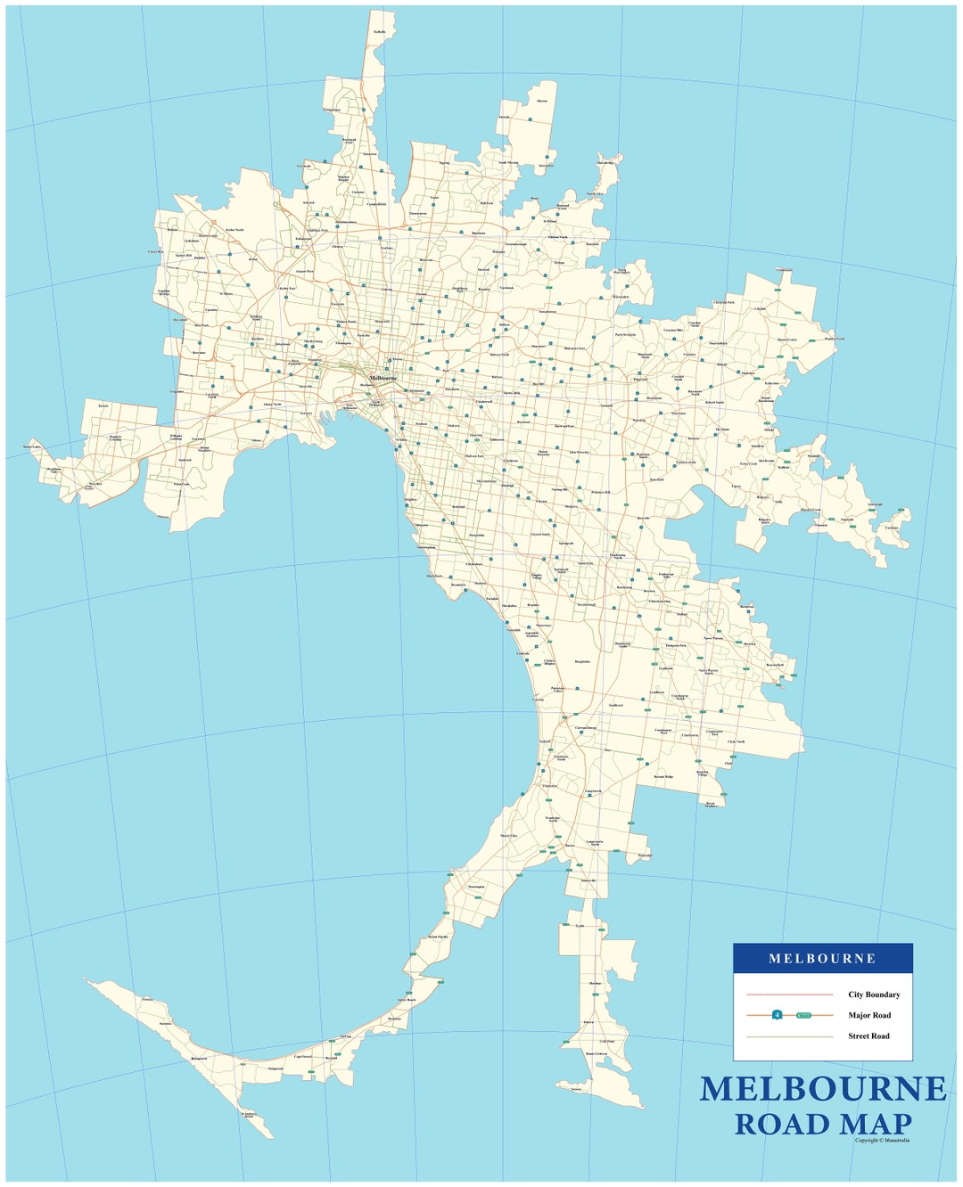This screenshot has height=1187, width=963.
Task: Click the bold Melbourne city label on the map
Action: [x=383, y=378]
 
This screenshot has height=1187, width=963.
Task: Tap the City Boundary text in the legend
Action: [x=874, y=995]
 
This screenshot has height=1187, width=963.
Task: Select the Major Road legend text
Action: [x=869, y=1015]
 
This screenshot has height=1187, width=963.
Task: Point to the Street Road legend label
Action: [x=868, y=1036]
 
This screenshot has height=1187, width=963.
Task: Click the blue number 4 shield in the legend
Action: [x=778, y=1015]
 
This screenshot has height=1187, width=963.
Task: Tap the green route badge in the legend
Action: [x=804, y=1015]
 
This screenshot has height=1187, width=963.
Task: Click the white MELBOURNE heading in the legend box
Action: [x=822, y=959]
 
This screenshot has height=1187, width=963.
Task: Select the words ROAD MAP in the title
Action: [x=822, y=1125]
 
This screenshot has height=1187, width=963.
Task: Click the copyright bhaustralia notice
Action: [x=882, y=1140]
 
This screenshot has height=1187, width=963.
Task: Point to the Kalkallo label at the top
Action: [x=380, y=31]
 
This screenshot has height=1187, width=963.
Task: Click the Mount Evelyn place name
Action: [x=786, y=340]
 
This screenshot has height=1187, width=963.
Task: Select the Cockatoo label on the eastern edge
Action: [x=892, y=528]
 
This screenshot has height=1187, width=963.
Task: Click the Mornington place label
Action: [x=476, y=887]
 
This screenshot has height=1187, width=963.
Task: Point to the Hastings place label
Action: [x=596, y=984]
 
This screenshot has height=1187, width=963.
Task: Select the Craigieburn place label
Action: [x=332, y=110]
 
